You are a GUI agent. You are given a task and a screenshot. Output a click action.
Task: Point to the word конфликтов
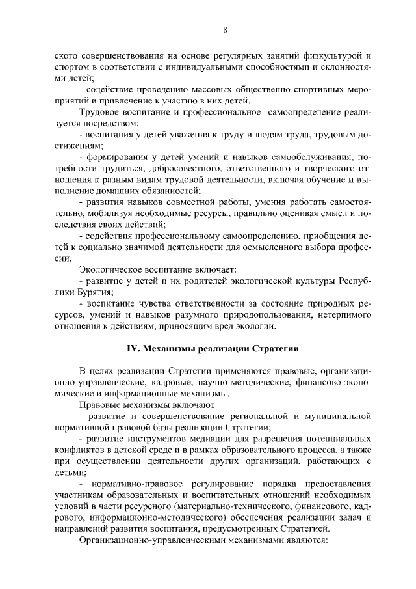tap(77, 450)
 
